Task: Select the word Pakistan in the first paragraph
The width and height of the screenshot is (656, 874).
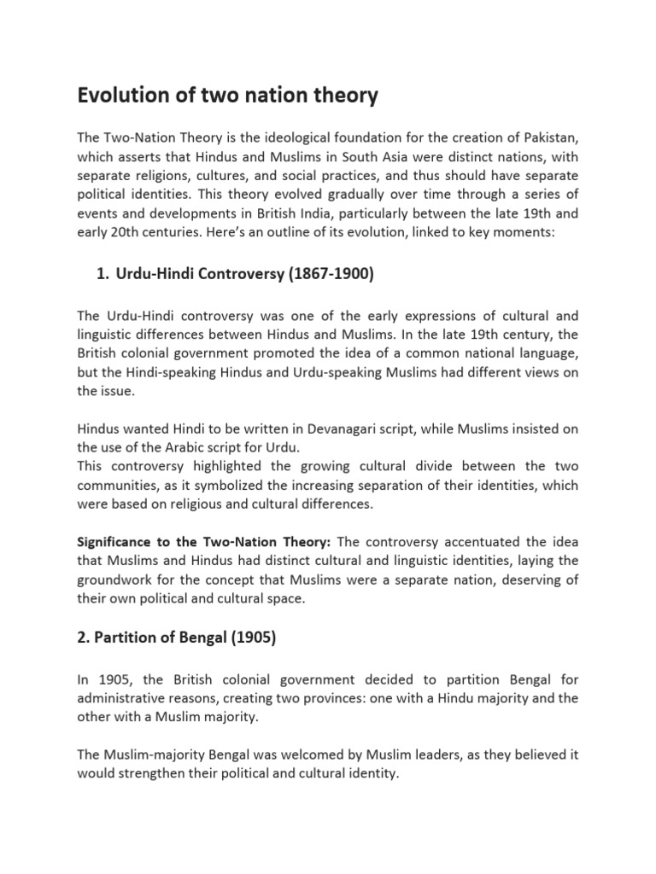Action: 548,138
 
